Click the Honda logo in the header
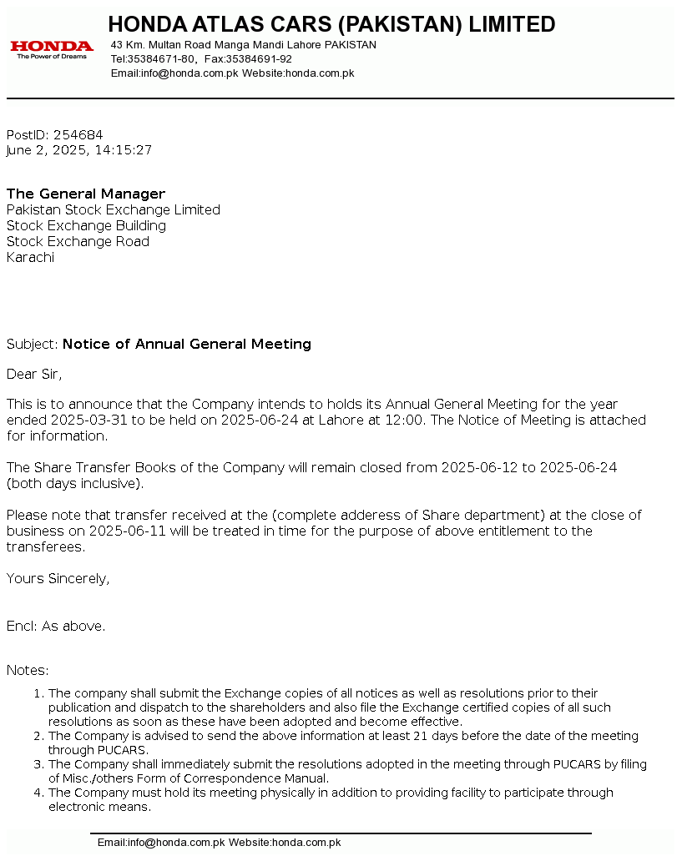pyautogui.click(x=52, y=49)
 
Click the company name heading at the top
pyautogui.click(x=331, y=24)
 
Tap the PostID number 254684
pyautogui.click(x=78, y=135)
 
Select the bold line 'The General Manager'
pyautogui.click(x=86, y=194)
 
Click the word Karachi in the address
pyautogui.click(x=31, y=258)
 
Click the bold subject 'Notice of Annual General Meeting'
pyautogui.click(x=187, y=345)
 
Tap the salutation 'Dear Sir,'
pyautogui.click(x=34, y=374)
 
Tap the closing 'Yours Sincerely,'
pyautogui.click(x=58, y=579)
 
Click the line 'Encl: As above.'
pyautogui.click(x=56, y=627)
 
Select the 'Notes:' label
pyautogui.click(x=28, y=671)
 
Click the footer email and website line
pyautogui.click(x=219, y=843)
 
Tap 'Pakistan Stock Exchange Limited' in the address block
pyautogui.click(x=114, y=210)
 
